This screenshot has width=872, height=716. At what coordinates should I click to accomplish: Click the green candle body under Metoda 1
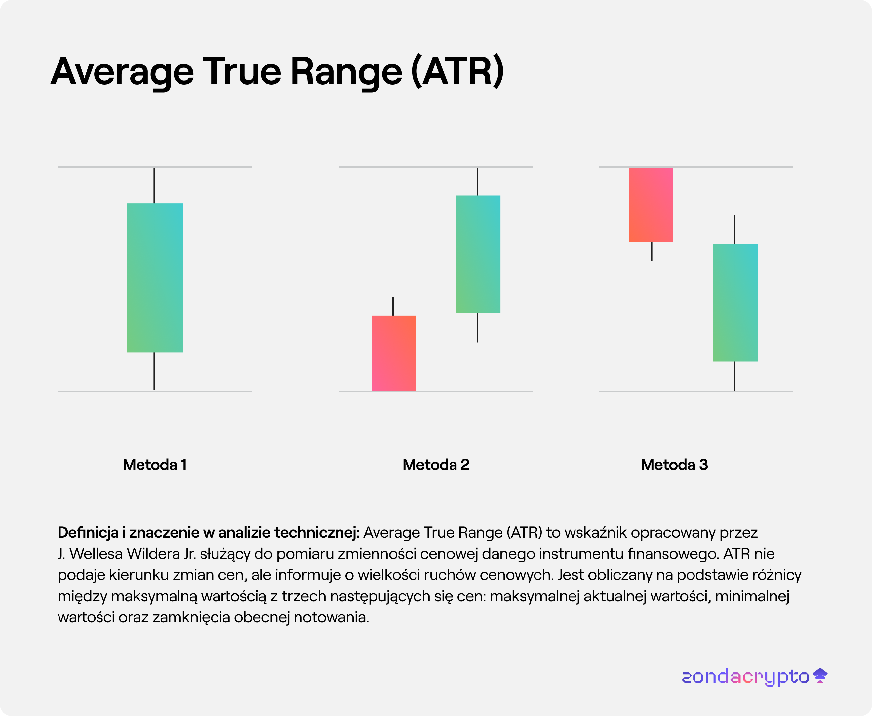(x=155, y=277)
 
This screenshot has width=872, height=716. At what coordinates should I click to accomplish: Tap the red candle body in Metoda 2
(x=394, y=353)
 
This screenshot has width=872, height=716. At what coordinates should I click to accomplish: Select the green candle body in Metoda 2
(x=478, y=254)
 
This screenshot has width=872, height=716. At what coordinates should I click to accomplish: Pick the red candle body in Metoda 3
(x=651, y=205)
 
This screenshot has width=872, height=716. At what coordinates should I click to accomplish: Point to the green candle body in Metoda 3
(x=735, y=303)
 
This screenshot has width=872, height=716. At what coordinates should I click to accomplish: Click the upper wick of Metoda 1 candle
(x=154, y=186)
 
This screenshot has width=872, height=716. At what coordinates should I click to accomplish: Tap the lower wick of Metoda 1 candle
(x=154, y=370)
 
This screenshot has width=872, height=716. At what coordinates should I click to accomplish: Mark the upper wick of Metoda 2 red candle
(x=393, y=306)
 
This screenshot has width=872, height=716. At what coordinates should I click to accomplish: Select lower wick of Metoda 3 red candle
(x=652, y=251)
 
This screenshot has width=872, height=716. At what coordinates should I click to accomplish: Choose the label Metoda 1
(x=155, y=465)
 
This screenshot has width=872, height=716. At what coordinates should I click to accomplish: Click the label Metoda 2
(x=436, y=465)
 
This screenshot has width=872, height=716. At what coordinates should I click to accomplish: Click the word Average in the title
(x=122, y=72)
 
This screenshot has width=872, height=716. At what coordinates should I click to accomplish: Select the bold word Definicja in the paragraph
(x=88, y=532)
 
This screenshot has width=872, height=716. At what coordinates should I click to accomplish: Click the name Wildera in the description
(x=153, y=554)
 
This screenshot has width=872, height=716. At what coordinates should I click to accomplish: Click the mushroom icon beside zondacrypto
(x=820, y=676)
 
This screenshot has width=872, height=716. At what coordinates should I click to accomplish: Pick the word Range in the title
(x=346, y=72)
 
